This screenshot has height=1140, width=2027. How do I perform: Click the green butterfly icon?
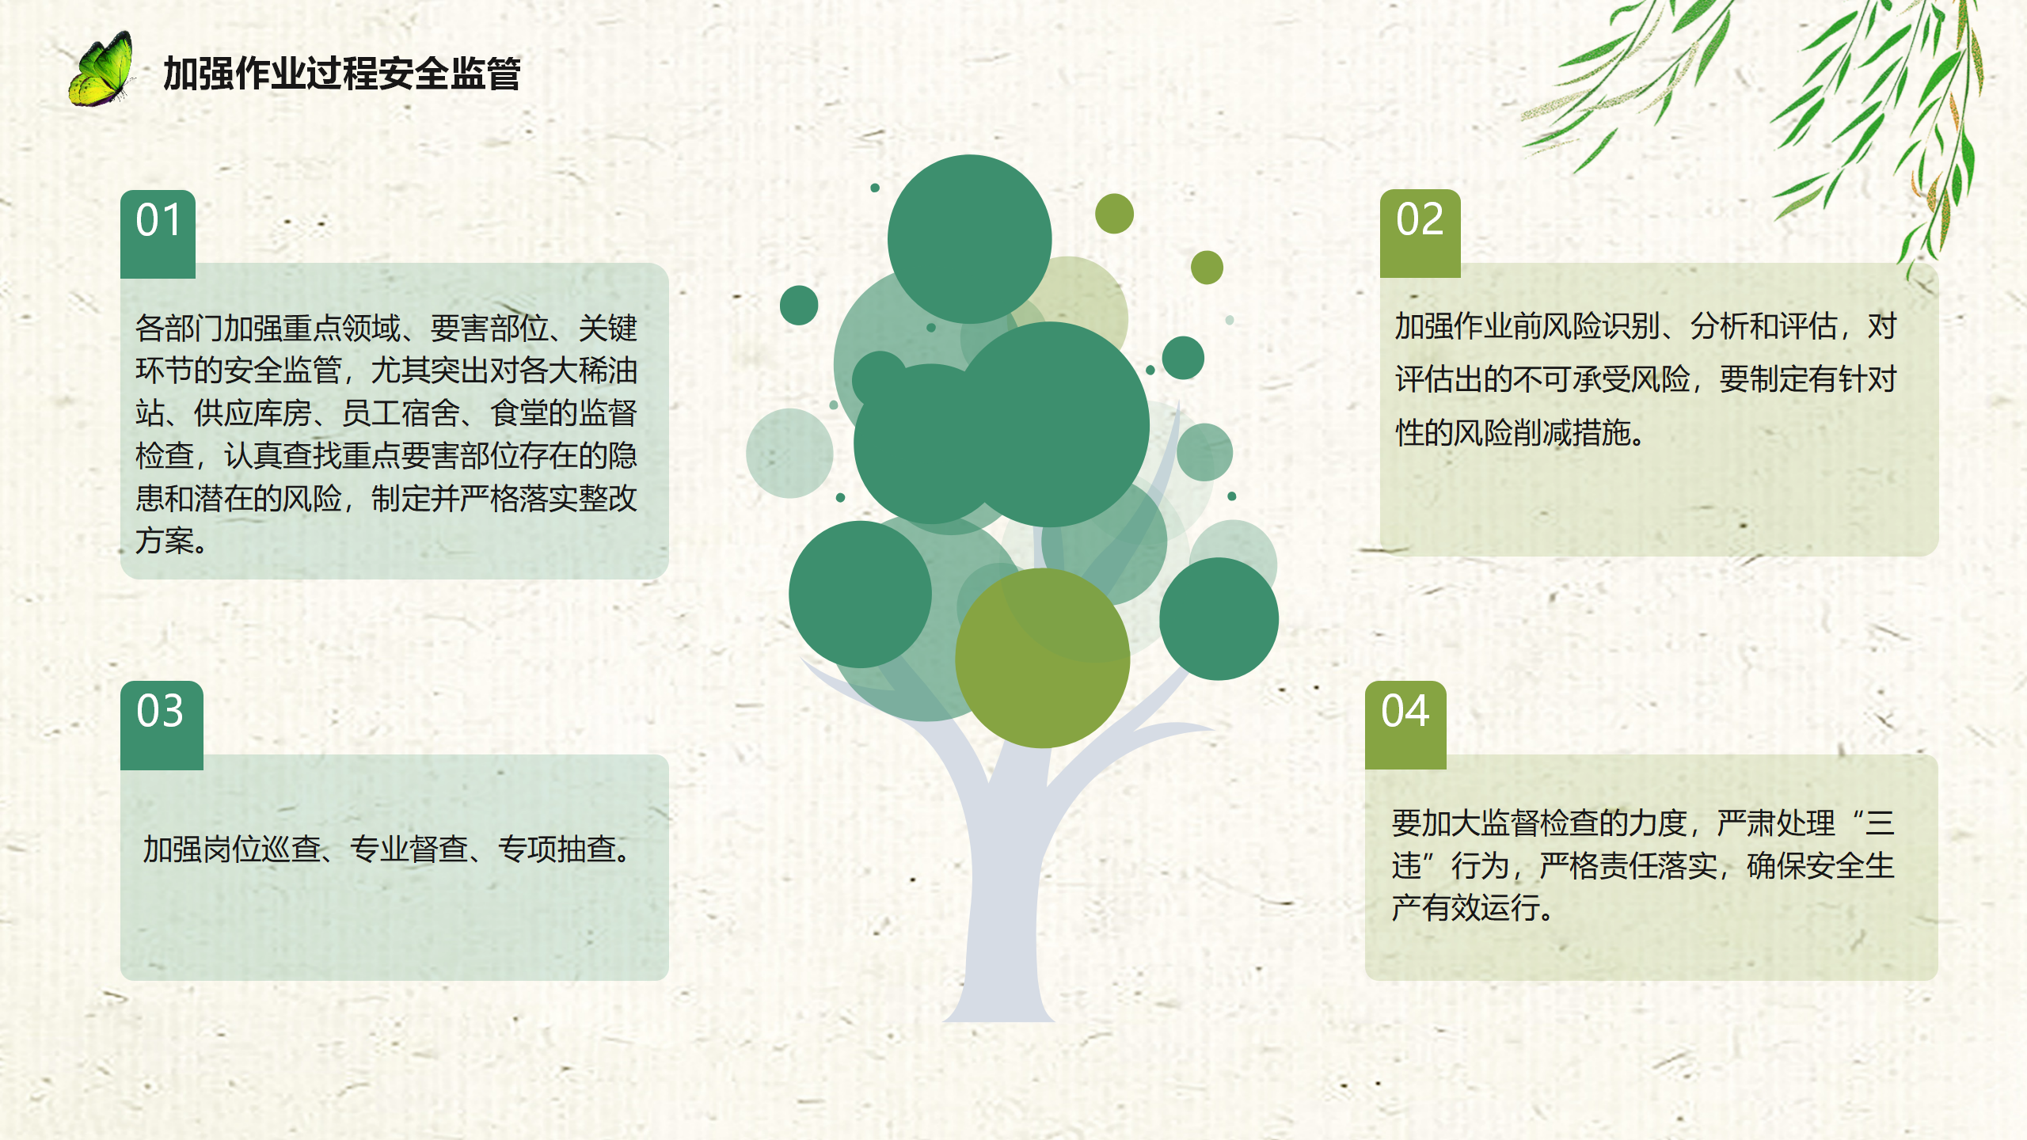[101, 70]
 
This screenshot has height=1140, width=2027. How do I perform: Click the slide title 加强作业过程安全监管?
[341, 74]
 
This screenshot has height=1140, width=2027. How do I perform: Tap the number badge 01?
[158, 234]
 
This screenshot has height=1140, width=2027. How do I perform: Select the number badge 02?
[1420, 234]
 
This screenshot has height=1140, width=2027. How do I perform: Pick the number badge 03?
[162, 725]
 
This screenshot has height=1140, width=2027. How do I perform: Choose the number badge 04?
[1405, 725]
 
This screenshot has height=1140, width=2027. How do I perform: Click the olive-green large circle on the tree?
[1042, 658]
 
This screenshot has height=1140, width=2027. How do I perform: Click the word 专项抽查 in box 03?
[557, 849]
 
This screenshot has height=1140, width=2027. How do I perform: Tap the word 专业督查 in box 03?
[409, 849]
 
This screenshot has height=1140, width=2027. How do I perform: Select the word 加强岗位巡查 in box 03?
[231, 849]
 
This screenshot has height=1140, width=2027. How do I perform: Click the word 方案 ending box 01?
[165, 541]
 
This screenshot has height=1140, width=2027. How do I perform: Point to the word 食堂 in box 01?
[519, 412]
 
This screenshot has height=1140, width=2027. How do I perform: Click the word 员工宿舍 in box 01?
[401, 412]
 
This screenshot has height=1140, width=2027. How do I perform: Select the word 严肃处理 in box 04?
[1776, 823]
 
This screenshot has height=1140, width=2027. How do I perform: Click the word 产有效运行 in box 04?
[1466, 907]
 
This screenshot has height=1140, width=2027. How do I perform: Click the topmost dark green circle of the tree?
[969, 239]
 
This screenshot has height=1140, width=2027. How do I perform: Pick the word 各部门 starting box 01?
[179, 328]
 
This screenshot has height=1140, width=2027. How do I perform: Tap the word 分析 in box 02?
[1720, 326]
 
